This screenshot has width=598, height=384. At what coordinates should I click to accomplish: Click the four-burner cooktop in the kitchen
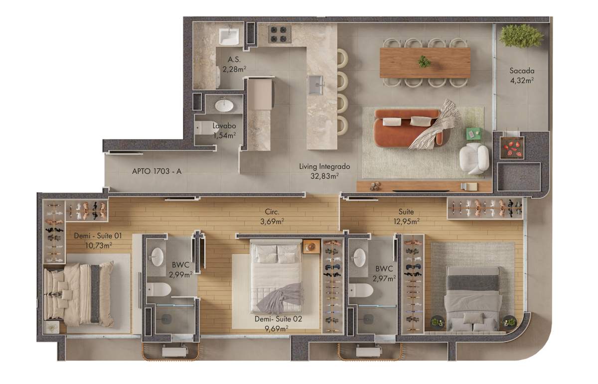[x=279, y=34]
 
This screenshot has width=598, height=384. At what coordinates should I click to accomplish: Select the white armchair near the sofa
[x=474, y=158]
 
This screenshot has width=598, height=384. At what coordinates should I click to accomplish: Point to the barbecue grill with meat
[x=512, y=148]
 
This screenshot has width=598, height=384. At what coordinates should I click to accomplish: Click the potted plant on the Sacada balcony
[x=521, y=36]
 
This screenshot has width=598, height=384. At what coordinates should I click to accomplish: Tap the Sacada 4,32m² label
[x=522, y=76]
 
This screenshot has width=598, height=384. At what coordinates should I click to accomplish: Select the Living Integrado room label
[x=324, y=171]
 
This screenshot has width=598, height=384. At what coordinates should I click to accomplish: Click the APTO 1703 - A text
[x=156, y=171]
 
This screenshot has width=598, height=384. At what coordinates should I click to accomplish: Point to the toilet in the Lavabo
[x=206, y=128]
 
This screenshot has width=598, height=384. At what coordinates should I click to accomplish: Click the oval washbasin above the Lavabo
[x=224, y=106]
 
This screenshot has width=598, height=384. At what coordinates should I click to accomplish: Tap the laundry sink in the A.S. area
[x=229, y=36]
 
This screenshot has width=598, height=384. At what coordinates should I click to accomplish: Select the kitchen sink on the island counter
[x=316, y=85]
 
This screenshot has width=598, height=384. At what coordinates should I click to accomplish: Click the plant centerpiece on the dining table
[x=424, y=62]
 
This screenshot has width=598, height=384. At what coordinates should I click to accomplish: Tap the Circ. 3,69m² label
[x=272, y=217]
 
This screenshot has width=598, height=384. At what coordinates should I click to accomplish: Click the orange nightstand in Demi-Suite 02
[x=311, y=247]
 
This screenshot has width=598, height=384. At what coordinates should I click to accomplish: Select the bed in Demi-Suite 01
[x=79, y=294]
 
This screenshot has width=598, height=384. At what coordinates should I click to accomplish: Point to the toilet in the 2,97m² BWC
[x=361, y=290]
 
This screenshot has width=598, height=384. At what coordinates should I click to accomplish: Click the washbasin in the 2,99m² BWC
[x=157, y=257]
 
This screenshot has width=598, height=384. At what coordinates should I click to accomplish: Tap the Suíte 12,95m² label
[x=406, y=217]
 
